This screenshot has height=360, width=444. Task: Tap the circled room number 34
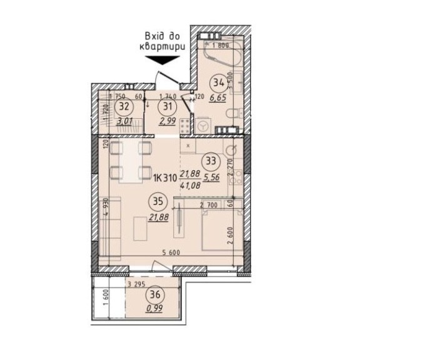point(218,82)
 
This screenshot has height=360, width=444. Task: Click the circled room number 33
point(212,160)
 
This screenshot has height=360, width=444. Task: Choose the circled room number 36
point(153,294)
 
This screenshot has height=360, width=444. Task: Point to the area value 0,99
point(154,307)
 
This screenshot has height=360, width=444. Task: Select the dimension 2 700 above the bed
point(208,204)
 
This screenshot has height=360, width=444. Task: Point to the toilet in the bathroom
point(232,116)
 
